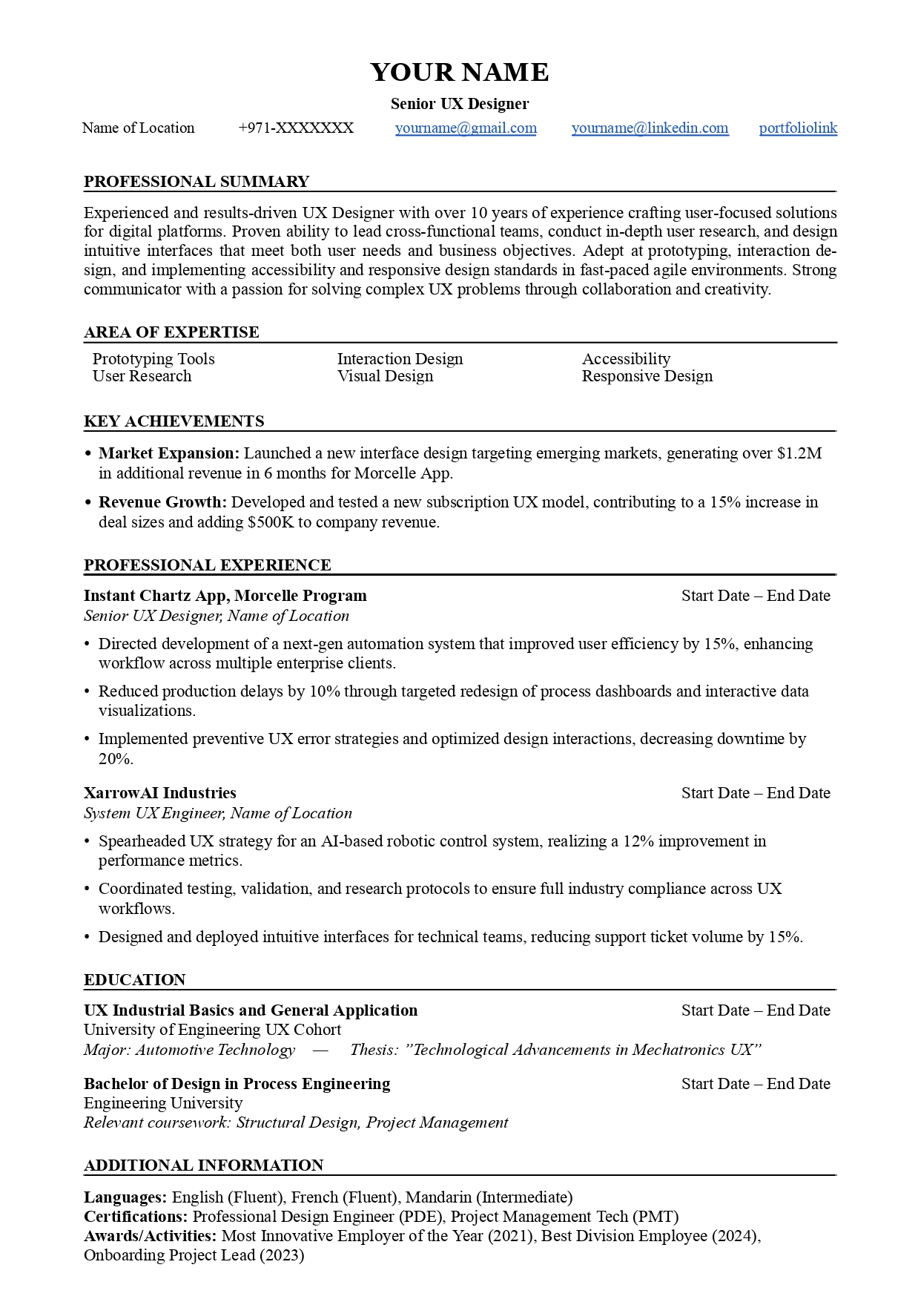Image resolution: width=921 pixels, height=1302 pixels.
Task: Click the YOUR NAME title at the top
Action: pos(460,72)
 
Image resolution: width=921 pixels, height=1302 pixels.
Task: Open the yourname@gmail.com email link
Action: pos(466,128)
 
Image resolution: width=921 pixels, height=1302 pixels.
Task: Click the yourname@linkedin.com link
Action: pos(650,128)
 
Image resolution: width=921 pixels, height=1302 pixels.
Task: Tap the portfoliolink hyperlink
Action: pos(798,128)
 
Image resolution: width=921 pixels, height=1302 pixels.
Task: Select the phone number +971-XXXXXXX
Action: pos(296,128)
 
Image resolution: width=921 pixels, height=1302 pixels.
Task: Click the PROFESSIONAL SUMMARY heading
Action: pos(197,182)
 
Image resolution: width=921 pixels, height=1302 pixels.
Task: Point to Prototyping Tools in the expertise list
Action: pos(153,359)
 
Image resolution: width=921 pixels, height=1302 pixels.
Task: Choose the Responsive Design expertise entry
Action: pos(647,376)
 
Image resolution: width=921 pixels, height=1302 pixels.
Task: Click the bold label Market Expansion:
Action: pos(169,453)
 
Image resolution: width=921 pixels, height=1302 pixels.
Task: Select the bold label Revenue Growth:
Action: pos(162,502)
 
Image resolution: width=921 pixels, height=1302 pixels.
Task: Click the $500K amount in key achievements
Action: pos(271,522)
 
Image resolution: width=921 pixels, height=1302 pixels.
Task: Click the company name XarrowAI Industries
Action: pos(159,793)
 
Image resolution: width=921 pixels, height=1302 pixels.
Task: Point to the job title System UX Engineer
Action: pos(153,813)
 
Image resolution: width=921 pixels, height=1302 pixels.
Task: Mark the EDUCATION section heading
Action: pos(134,980)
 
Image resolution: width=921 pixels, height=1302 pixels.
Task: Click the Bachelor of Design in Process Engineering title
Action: pos(237,1084)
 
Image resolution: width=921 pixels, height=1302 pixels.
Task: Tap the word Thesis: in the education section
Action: pos(374,1050)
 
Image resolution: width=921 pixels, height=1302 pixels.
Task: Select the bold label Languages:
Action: pos(125,1197)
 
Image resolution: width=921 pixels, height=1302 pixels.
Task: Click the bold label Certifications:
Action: pos(136,1217)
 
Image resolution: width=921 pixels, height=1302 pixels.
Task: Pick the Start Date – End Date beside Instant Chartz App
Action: pos(756,596)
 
